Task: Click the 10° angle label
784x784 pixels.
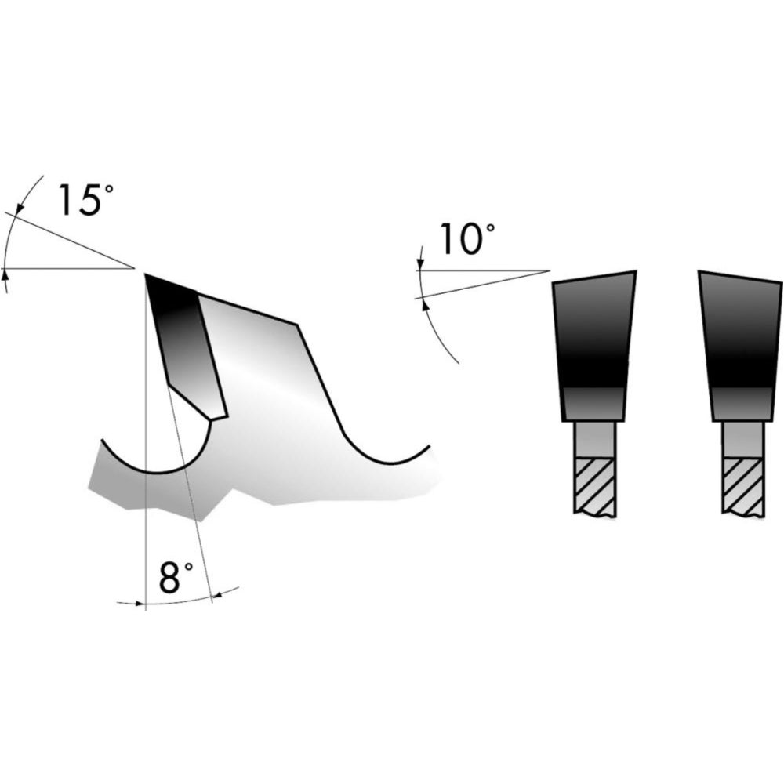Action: [x=467, y=239]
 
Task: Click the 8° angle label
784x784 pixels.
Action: [x=175, y=577]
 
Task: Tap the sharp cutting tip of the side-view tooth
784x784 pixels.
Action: [x=145, y=274]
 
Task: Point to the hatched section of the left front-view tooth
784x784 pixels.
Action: [x=594, y=485]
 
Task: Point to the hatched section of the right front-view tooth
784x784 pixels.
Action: [x=742, y=485]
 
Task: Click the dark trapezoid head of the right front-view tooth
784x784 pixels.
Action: [x=741, y=346]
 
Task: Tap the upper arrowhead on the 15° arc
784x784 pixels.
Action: [x=19, y=209]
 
